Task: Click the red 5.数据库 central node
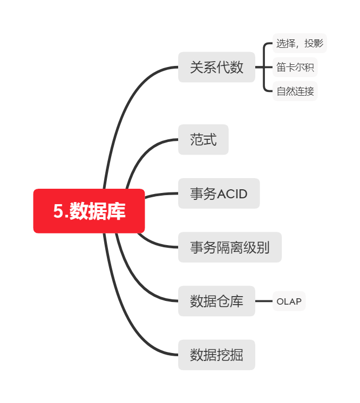click(89, 211)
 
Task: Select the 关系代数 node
click(216, 67)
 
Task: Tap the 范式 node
click(203, 139)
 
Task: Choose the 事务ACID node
click(219, 194)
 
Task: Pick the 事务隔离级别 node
click(229, 247)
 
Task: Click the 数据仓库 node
click(216, 301)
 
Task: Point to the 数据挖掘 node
click(216, 355)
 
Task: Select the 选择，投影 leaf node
click(299, 43)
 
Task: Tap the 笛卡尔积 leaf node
click(295, 68)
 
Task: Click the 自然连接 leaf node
click(295, 91)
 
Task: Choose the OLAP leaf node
click(289, 301)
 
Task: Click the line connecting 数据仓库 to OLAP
click(264, 301)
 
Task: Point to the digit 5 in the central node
click(58, 212)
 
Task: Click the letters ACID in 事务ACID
click(232, 194)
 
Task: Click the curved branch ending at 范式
click(141, 154)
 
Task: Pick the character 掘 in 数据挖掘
click(237, 355)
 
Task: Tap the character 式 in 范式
click(210, 139)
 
